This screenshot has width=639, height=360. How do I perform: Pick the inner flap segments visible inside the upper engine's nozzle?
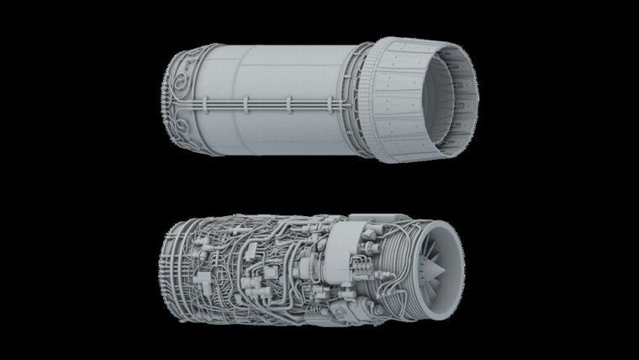tap(467, 97)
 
